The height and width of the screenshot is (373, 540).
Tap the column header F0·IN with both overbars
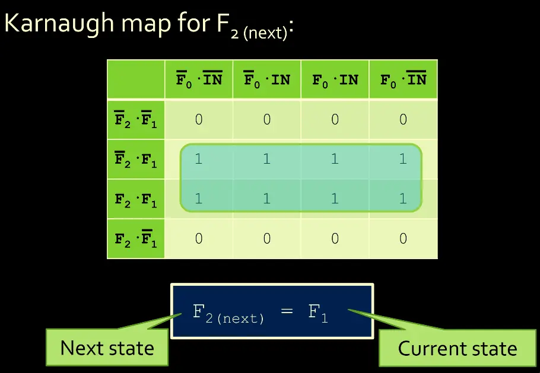199,79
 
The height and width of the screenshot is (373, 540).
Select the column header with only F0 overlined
267,79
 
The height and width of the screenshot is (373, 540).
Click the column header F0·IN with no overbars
335,80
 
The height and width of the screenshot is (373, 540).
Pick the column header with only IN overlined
404,79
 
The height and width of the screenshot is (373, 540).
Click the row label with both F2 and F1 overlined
136,119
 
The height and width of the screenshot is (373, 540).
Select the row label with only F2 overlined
136,159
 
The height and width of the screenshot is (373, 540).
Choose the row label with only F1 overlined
136,238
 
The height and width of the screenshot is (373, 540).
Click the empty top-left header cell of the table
136,79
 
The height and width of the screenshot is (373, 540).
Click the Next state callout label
107,348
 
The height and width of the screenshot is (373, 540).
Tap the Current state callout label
458,348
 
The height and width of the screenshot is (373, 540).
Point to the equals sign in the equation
287,311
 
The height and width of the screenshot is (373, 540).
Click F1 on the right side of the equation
318,314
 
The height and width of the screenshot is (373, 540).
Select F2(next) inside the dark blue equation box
228,314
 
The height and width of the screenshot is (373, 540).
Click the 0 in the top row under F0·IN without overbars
335,119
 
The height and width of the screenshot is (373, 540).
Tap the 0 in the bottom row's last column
404,238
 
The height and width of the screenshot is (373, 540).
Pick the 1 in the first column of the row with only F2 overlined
199,158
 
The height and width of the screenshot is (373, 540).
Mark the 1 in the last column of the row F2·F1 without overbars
404,199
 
